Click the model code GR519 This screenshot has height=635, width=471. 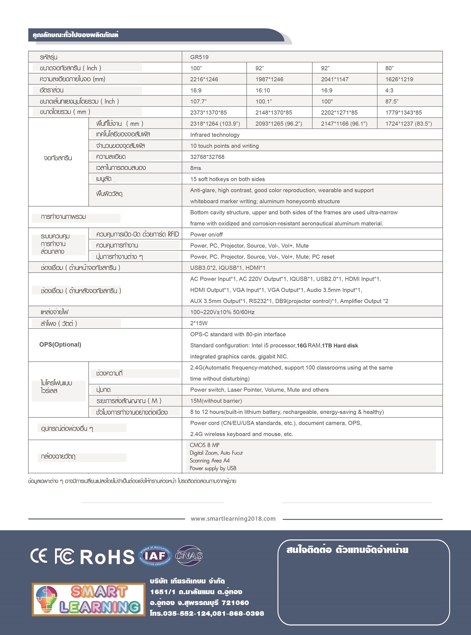pos(199,57)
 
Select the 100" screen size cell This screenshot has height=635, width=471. pos(196,68)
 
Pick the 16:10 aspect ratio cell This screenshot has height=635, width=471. pos(263,91)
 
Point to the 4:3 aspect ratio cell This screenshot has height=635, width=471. pos(389,91)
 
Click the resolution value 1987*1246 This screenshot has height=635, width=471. pos(269,79)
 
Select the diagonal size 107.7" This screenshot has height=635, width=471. pos(198,101)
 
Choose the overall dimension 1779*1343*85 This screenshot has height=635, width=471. pos(403,112)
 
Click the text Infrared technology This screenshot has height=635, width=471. pos(215,135)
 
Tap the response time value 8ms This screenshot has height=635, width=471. pos(196,168)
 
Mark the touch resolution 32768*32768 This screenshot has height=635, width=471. pos(207,157)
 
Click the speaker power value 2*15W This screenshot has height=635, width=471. pos(199,323)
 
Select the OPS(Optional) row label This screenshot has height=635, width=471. pos(60,345)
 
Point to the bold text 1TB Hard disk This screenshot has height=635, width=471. pos(340,346)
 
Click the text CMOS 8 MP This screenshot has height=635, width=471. pos(205,445)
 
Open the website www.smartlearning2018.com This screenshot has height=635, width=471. pos(233,519)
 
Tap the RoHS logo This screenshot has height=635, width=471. pos(107,557)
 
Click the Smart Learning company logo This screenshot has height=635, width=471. pos(88,599)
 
